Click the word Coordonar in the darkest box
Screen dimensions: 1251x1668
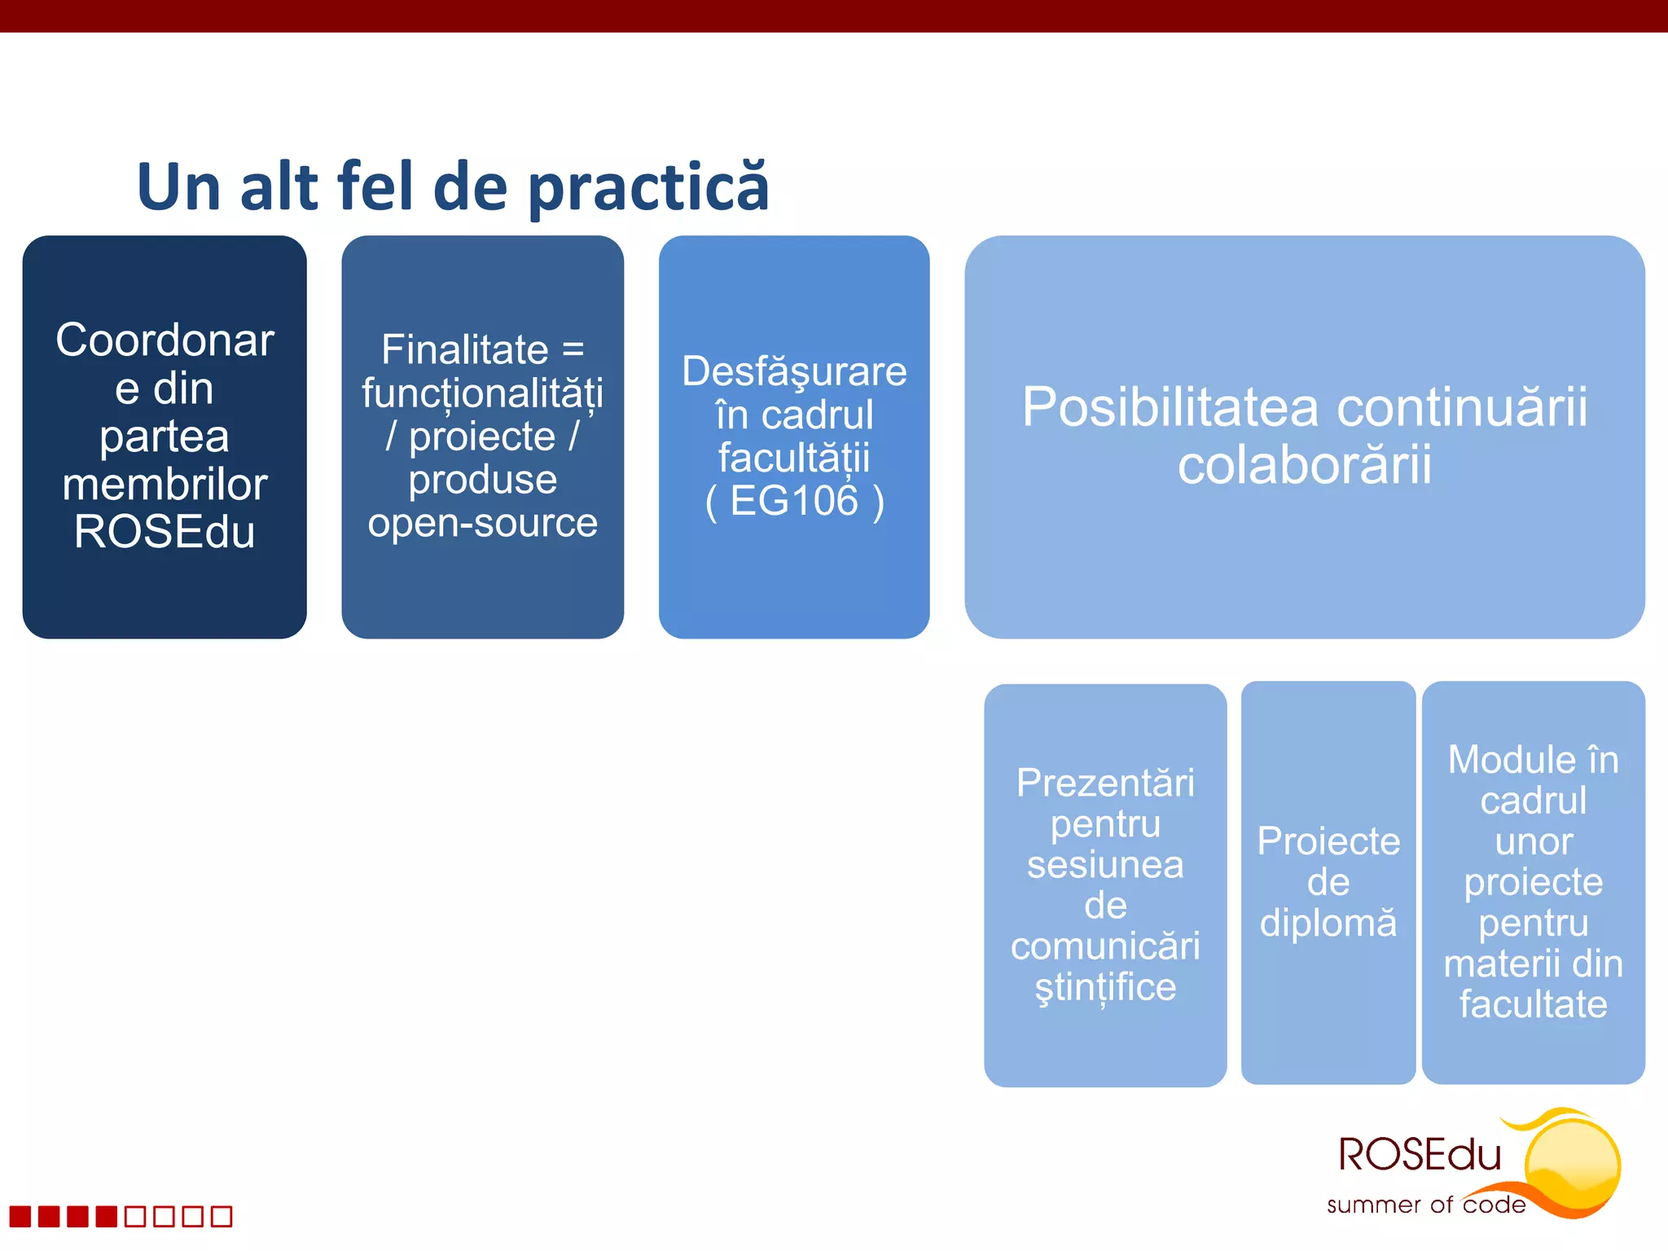coord(165,340)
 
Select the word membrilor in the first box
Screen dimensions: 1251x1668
coord(165,485)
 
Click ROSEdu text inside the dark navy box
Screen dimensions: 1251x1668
coord(165,533)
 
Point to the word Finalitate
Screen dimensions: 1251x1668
coord(464,350)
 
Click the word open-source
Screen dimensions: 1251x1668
coord(482,523)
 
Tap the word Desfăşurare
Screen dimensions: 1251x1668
coord(794,371)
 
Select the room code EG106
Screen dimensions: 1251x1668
coord(794,501)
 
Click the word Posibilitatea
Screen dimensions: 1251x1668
coord(1170,407)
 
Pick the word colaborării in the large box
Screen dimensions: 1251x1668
coord(1304,466)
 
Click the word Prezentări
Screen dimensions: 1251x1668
coord(1105,784)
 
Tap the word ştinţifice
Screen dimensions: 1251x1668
coord(1105,988)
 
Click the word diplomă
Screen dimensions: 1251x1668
coord(1328,924)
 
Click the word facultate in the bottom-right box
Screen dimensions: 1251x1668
coord(1533,1004)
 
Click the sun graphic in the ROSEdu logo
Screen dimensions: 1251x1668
coord(1572,1165)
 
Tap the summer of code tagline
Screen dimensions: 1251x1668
coord(1425,1205)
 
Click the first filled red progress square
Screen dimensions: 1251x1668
coord(20,1217)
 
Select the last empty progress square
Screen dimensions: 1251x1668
coord(222,1217)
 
